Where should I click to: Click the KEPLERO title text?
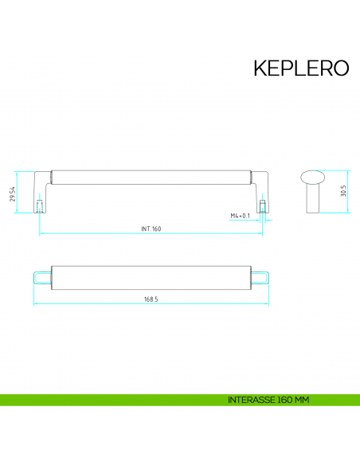(x=301, y=68)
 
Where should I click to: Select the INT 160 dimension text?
(x=151, y=229)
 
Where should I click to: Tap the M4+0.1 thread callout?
(x=241, y=216)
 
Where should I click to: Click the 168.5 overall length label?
(x=151, y=299)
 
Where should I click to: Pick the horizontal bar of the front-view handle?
(x=151, y=175)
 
